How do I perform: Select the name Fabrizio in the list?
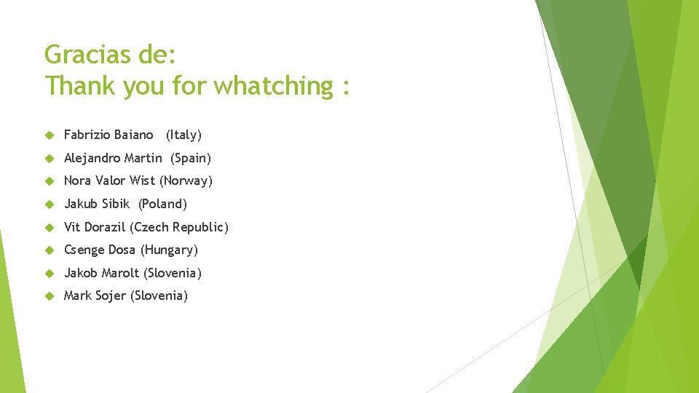pos(87,135)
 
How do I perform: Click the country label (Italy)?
pos(183,135)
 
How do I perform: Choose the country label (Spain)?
pos(191,158)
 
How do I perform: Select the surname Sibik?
pos(114,204)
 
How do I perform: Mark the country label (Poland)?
pos(163,204)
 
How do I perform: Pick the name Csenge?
pos(84,250)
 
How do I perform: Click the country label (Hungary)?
pos(169,250)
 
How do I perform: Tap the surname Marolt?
pos(120,273)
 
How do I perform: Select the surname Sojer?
pos(110,295)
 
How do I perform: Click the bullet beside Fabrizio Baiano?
pos(50,135)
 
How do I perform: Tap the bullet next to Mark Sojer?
pos(50,296)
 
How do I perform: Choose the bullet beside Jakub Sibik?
pos(50,205)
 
